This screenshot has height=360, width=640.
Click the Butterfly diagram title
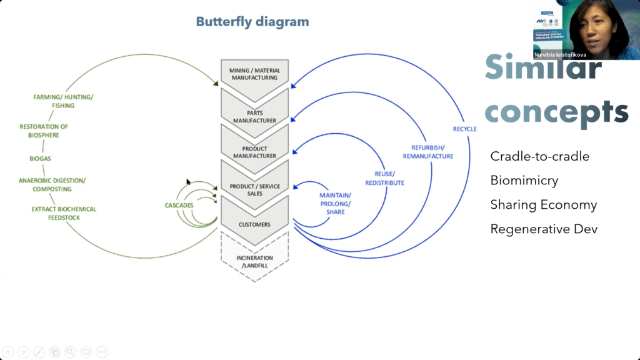coord(252,22)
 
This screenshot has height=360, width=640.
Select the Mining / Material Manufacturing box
coord(255,74)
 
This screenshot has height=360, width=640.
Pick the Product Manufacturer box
coord(255,152)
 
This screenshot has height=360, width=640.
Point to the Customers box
coord(255,224)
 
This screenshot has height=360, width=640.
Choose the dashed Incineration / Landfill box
coord(255,261)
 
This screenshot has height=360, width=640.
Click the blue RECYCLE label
coord(464,129)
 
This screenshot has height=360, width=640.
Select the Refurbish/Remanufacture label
coord(428,152)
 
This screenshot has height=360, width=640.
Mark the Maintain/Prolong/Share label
coord(336,204)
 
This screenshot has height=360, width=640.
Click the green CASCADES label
coord(179,205)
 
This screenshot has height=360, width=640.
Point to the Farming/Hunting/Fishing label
coord(62,101)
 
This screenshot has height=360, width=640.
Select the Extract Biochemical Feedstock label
coord(64,213)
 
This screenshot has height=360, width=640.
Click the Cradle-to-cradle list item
coord(539,156)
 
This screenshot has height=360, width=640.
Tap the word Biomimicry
coord(524,181)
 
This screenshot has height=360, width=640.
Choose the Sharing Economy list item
coord(543,205)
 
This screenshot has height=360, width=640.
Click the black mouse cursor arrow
coord(188,182)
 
